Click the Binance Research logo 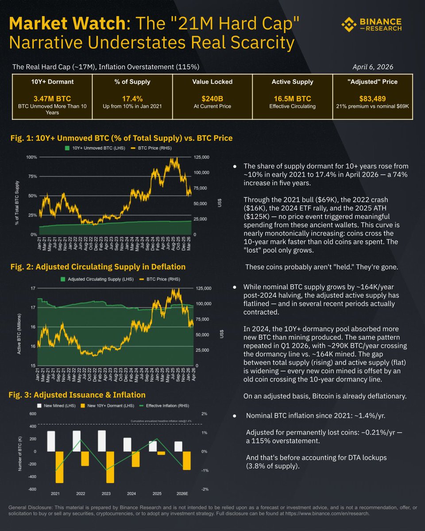(x=371, y=25)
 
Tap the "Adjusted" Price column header (x=372, y=81)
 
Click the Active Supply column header (x=292, y=81)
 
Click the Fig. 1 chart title (x=122, y=138)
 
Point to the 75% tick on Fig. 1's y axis (x=31, y=176)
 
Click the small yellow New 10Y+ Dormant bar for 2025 (x=161, y=453)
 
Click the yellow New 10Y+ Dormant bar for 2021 (x=59, y=467)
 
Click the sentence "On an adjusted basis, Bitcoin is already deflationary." (x=325, y=396)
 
